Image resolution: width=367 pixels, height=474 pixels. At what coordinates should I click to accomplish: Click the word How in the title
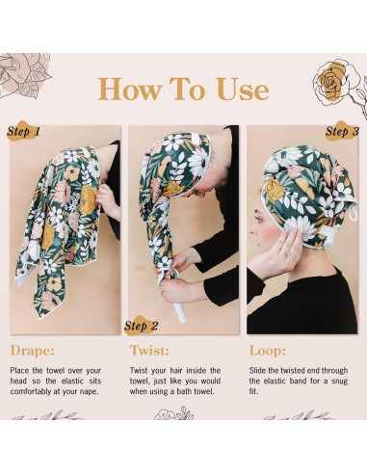tap(130, 89)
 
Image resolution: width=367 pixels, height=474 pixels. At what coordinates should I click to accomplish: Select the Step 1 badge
tap(23, 131)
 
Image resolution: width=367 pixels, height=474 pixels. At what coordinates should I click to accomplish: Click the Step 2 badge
tap(141, 326)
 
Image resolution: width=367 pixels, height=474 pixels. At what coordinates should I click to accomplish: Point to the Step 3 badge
tap(342, 131)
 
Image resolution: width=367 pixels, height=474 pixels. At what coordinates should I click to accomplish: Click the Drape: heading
tap(32, 351)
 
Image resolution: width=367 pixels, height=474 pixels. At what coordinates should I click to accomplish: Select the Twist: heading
tap(149, 351)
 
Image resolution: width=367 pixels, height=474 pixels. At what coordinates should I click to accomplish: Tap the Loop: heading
tap(268, 351)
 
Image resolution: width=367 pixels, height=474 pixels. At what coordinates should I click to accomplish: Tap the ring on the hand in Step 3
tap(285, 253)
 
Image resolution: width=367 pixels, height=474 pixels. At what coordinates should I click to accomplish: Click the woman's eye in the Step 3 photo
tap(258, 220)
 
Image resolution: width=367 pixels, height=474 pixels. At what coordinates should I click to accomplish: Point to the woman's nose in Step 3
tap(252, 229)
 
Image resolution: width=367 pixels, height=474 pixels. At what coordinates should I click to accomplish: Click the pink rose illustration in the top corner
tap(23, 74)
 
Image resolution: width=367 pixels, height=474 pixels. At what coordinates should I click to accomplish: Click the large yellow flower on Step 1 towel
tap(89, 199)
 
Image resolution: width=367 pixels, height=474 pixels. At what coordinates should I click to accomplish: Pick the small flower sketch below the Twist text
tap(174, 413)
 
